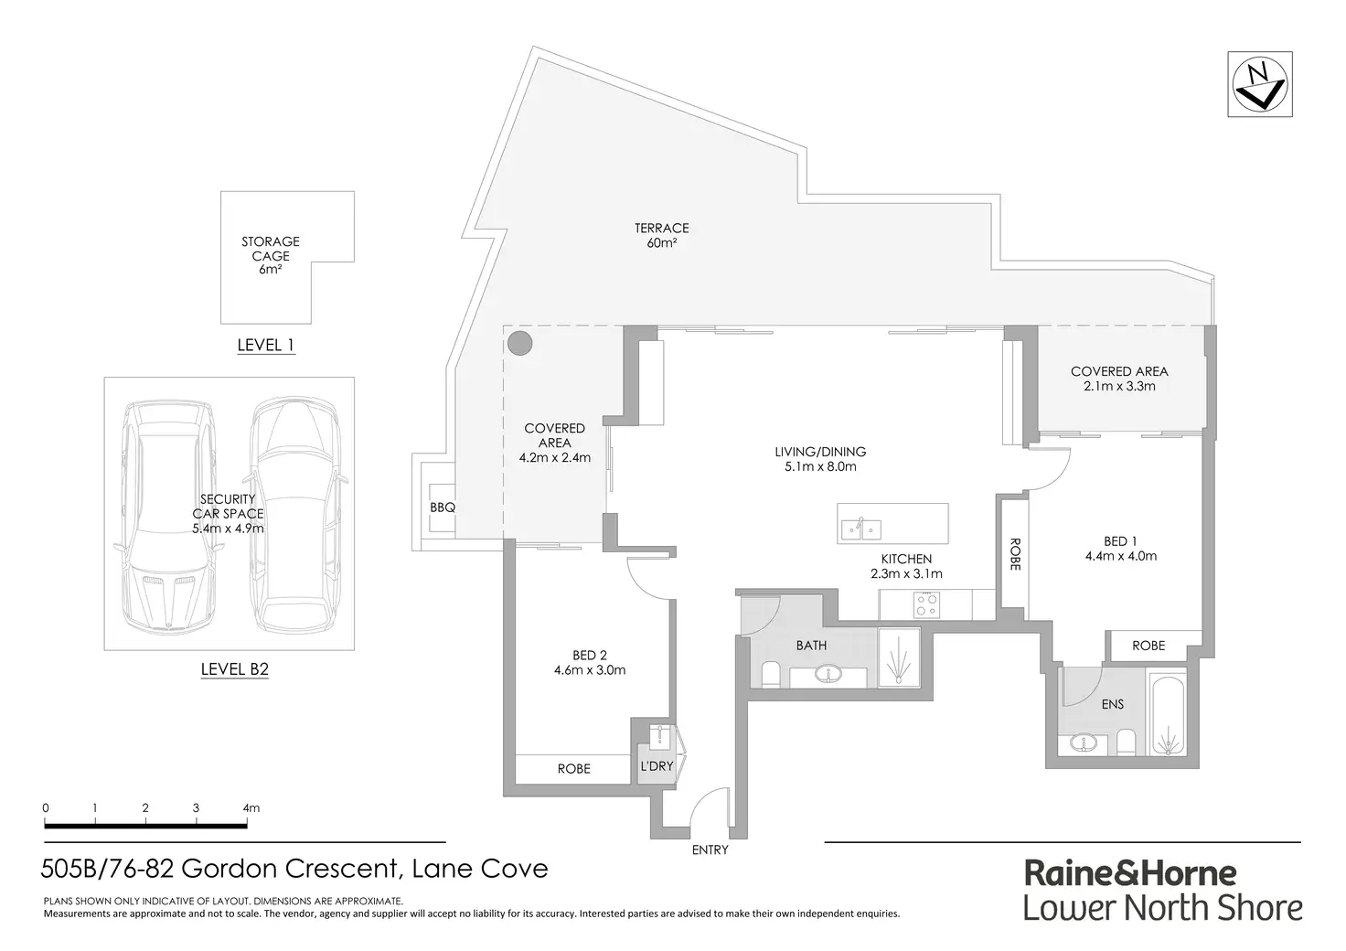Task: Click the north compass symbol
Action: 1259,85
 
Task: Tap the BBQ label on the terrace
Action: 443,508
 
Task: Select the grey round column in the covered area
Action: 519,343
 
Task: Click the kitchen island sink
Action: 861,529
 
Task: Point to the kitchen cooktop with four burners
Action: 926,605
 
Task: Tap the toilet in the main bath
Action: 770,675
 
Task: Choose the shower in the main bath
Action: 899,657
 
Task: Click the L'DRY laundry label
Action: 657,766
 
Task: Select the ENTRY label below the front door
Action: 710,850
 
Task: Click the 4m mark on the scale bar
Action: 251,808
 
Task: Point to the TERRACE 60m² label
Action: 662,236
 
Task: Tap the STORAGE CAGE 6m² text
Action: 271,255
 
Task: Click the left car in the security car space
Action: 167,516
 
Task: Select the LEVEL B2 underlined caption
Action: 234,669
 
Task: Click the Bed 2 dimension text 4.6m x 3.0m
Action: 590,670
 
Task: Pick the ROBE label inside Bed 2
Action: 574,769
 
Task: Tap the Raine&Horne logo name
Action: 1129,874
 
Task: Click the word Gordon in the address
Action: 229,869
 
